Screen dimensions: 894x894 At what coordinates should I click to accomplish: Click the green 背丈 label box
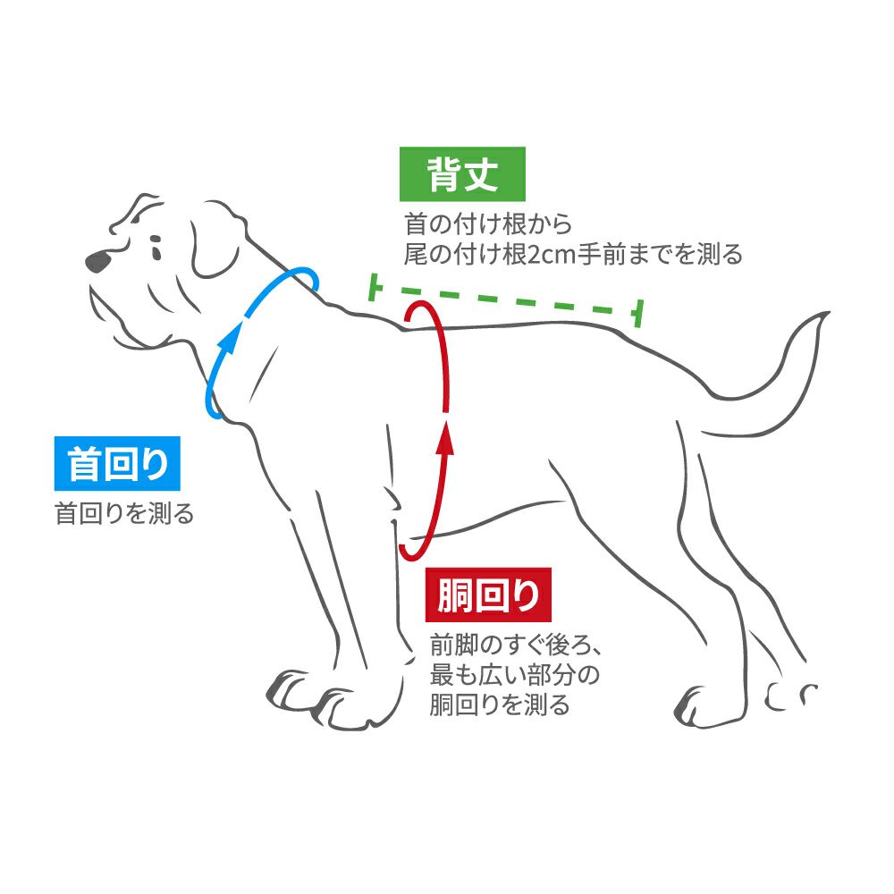coord(461,174)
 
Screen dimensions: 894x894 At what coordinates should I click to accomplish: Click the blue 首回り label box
coord(117,464)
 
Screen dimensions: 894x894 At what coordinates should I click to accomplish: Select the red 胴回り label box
coord(489,596)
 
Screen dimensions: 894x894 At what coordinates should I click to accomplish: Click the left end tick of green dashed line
coord(375,288)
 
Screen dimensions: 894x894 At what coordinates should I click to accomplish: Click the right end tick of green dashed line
coord(637,314)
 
